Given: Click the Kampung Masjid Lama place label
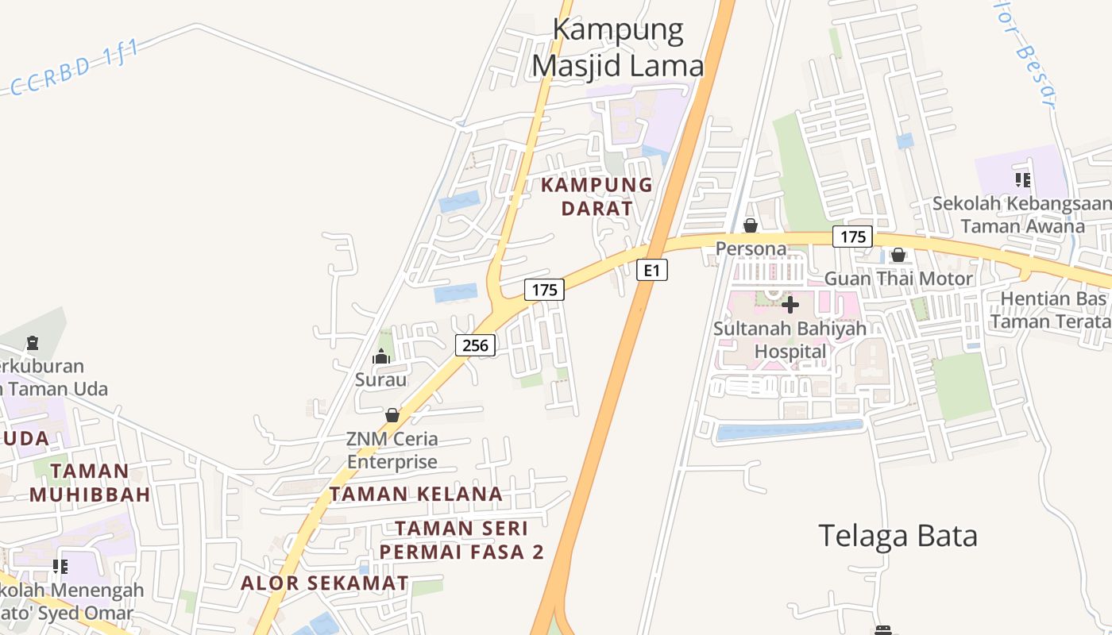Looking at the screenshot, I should click(x=618, y=48).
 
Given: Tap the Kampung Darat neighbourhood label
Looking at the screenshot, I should click(x=597, y=197).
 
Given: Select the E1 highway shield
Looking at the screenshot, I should click(x=651, y=271).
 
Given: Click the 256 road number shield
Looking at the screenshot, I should click(x=476, y=344).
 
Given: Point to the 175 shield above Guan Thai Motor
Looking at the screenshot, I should click(x=852, y=237).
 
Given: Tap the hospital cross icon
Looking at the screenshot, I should click(x=790, y=305).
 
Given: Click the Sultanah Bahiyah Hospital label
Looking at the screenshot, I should click(x=790, y=340).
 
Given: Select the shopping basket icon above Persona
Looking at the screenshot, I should click(x=751, y=227).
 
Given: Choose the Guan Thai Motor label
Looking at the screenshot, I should click(x=898, y=279).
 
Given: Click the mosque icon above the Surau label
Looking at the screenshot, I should click(x=381, y=356).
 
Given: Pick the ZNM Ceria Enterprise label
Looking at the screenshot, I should click(x=392, y=450).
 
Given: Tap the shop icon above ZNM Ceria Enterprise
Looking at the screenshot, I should click(x=392, y=415).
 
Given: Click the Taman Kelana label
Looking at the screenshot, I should click(x=416, y=494).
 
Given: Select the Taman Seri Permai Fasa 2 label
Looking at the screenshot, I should click(x=461, y=540).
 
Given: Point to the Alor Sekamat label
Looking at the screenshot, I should click(x=325, y=583).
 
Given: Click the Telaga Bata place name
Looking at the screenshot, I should click(x=898, y=537).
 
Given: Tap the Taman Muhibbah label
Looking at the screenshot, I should click(x=90, y=483).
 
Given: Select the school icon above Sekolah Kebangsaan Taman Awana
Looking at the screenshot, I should click(x=1023, y=180).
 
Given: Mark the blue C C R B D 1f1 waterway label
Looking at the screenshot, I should click(x=75, y=68).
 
